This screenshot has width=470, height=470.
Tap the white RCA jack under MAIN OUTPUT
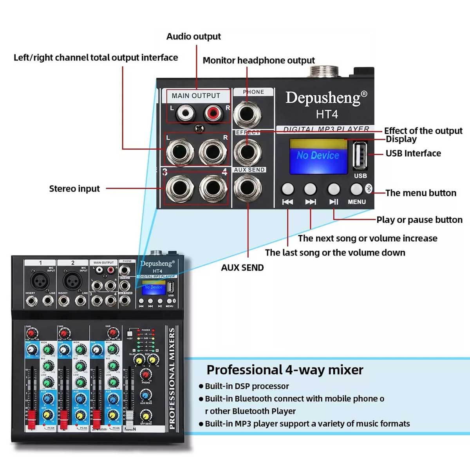[x=184, y=114]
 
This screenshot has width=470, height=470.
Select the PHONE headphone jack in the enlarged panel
[x=247, y=114]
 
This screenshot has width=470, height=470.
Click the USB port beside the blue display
[x=360, y=155]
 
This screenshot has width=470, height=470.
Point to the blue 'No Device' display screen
[x=318, y=155]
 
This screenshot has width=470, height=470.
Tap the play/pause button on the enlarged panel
[x=334, y=189]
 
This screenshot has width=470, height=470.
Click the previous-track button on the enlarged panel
[x=287, y=189]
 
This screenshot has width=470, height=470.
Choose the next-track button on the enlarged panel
[x=310, y=189]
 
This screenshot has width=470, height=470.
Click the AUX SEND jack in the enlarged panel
[x=248, y=188]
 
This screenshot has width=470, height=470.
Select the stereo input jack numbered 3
[x=180, y=188]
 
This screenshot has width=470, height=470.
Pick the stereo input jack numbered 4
[x=213, y=188]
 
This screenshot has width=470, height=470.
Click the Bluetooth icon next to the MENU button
[x=369, y=188]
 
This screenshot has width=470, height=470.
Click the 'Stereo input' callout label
[x=74, y=189]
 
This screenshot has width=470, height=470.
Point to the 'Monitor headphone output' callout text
[x=258, y=60]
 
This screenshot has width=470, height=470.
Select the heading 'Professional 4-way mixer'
[x=285, y=370]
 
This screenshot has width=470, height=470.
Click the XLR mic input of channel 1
[x=40, y=280]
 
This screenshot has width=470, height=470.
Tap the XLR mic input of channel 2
[x=72, y=280]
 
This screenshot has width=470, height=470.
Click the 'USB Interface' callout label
[x=413, y=153]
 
